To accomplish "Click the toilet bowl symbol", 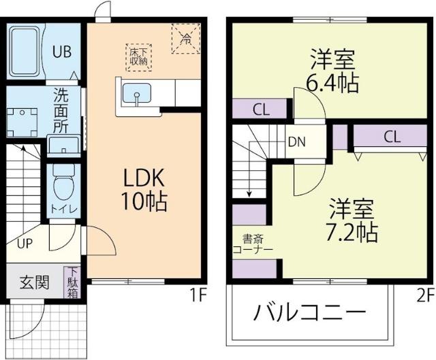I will (63, 181).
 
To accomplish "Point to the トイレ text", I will (63, 209).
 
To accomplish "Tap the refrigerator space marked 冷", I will (185, 37).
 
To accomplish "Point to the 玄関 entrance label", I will (33, 282).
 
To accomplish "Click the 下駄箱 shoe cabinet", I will (72, 282).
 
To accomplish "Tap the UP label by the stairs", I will (25, 243).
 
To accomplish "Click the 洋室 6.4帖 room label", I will (332, 71).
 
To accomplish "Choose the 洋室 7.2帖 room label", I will (350, 219).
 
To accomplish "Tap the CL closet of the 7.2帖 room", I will (390, 136).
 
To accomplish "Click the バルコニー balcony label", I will (310, 314).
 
